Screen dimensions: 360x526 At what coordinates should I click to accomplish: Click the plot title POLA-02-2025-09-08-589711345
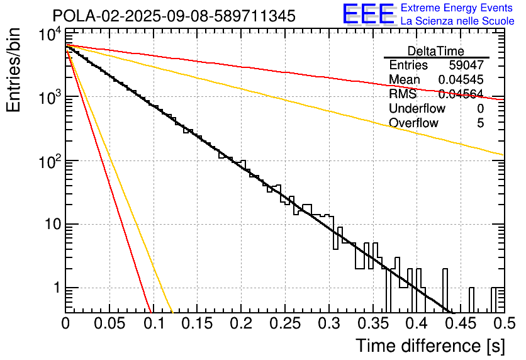tap(174, 16)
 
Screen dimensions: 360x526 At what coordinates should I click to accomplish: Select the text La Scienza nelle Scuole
tap(457, 21)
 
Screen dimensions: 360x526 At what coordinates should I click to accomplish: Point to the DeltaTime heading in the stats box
tap(436, 50)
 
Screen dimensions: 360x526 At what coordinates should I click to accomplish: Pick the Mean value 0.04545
tap(461, 80)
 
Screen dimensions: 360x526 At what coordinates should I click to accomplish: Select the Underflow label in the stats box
tap(417, 109)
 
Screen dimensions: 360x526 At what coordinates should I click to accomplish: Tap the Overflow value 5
tap(480, 123)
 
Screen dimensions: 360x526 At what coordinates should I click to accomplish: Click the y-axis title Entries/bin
tap(17, 71)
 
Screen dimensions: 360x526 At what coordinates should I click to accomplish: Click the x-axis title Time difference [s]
tap(430, 346)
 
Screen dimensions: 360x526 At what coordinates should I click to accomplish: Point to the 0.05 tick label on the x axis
tap(109, 323)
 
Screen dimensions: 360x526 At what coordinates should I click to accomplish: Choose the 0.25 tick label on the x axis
tap(284, 323)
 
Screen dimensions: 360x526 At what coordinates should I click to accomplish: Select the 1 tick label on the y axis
tap(55, 288)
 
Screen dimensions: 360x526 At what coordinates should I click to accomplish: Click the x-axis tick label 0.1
tap(153, 323)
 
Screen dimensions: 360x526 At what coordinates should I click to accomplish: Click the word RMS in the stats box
tap(402, 94)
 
